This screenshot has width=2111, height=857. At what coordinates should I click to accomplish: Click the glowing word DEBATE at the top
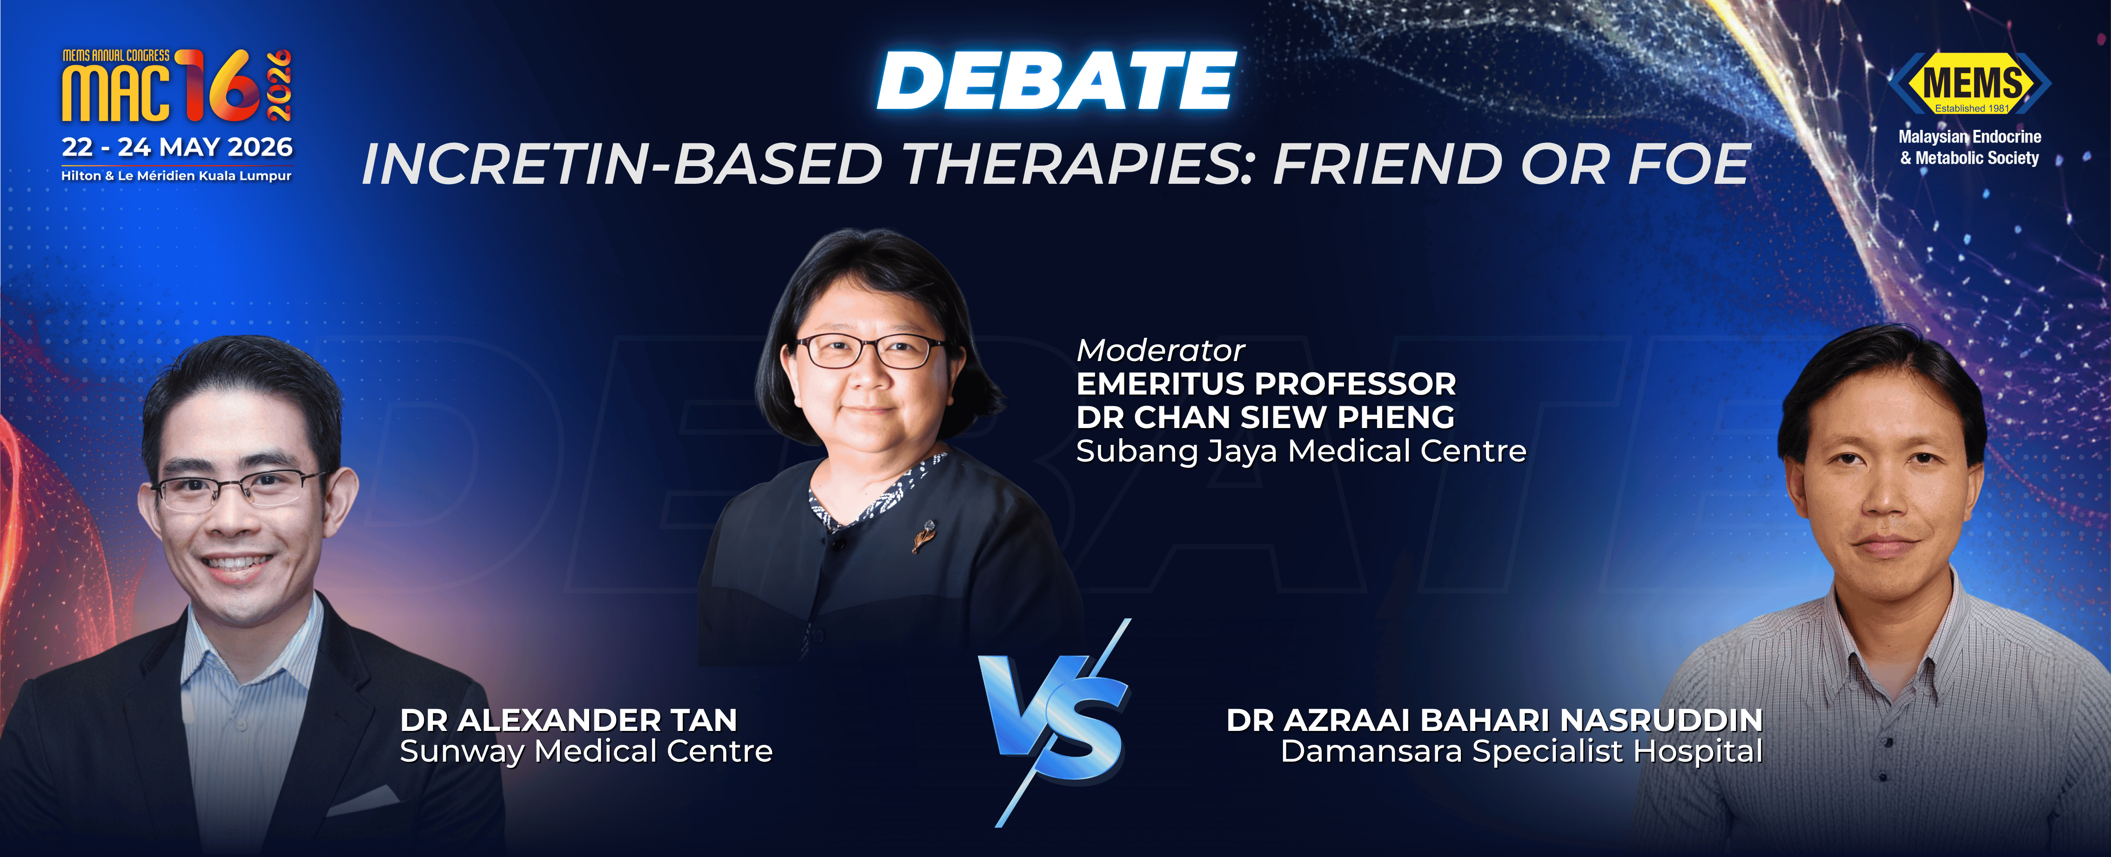pos(1056,80)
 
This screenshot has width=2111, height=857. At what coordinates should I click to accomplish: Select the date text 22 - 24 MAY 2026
pos(177,147)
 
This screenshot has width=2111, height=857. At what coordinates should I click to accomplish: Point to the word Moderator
pos(1160,351)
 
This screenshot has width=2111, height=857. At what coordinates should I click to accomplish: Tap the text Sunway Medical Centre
pos(586,751)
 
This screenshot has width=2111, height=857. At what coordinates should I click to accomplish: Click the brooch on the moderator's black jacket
pos(923,536)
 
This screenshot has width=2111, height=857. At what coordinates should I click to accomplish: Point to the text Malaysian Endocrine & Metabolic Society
pos(1969,147)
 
